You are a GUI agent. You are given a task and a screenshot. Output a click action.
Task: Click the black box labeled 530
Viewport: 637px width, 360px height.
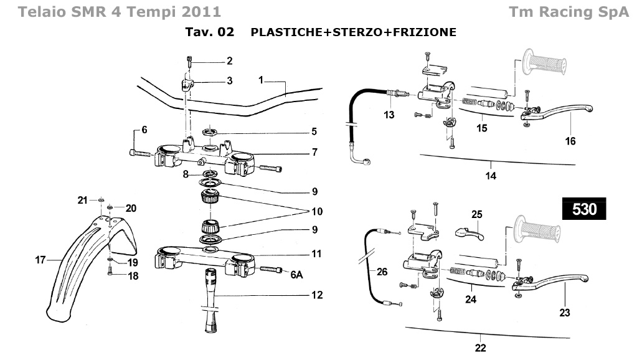(584, 209)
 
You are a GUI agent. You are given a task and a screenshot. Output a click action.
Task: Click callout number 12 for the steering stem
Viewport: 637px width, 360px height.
(318, 295)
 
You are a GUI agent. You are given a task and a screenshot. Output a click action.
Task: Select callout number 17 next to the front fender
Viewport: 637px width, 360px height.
(40, 260)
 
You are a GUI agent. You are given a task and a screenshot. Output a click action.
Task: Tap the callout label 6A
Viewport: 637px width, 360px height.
(296, 275)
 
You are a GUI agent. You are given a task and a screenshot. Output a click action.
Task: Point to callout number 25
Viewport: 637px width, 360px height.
(477, 214)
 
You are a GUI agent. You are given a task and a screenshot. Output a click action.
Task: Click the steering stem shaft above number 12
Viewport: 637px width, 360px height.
(211, 300)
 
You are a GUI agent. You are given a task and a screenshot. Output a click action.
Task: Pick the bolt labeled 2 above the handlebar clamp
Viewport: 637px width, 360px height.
(189, 62)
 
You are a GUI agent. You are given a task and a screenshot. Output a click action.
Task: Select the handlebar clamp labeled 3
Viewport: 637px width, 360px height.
(187, 85)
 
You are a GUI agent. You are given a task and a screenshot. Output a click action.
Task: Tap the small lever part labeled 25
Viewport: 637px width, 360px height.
(469, 234)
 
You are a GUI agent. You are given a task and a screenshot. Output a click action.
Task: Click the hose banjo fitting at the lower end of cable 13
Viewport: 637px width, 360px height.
(366, 162)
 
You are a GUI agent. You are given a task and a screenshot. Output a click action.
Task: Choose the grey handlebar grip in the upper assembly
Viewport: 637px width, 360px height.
(544, 62)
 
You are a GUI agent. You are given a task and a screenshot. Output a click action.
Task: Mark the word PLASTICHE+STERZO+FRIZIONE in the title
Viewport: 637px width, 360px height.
(354, 32)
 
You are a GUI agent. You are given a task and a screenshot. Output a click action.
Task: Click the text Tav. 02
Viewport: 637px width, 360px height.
(210, 32)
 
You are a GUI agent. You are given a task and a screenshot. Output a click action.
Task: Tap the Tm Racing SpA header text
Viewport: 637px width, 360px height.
(569, 12)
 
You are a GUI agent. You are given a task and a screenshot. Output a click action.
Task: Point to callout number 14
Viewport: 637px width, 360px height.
(491, 176)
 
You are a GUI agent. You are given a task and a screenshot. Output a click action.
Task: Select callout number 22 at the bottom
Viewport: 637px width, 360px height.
(481, 348)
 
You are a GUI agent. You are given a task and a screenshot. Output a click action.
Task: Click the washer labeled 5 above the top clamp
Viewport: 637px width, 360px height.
(210, 131)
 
